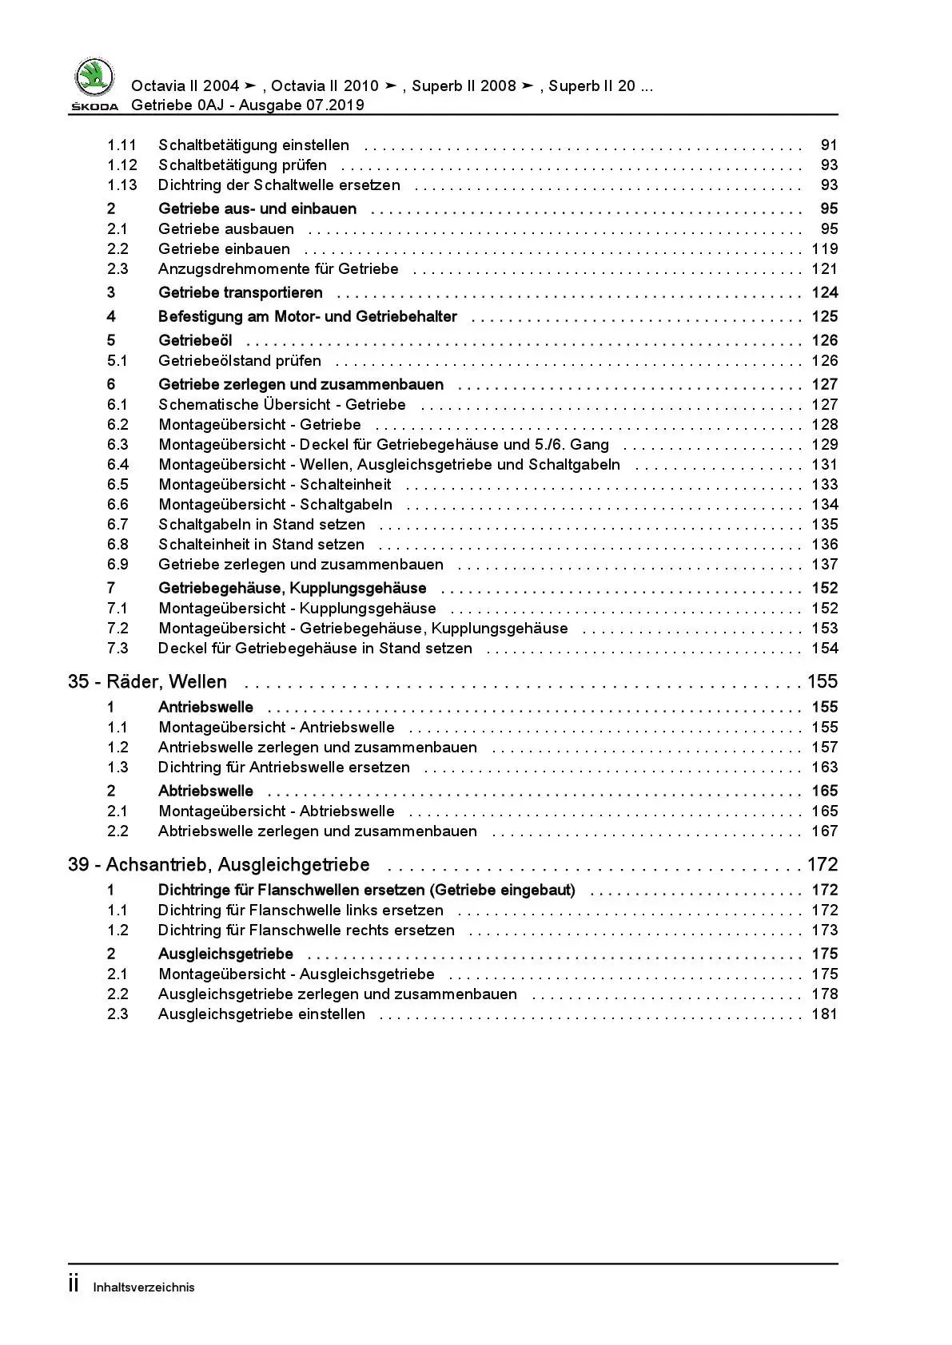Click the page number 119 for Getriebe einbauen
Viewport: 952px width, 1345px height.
[824, 249]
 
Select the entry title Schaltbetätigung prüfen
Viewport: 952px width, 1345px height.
[242, 165]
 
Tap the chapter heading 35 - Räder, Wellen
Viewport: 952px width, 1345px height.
[148, 682]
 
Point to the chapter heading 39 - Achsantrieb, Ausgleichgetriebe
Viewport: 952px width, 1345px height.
[219, 865]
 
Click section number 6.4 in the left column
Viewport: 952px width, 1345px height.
[118, 465]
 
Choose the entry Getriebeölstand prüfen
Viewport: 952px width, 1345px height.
[240, 361]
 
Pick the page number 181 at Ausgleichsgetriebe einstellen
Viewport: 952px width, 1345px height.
[824, 1014]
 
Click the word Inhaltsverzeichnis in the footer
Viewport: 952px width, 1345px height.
[144, 1287]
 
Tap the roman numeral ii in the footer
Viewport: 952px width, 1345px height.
[74, 1284]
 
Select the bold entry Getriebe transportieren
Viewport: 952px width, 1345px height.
[241, 293]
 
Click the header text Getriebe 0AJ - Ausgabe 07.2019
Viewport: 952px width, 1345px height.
[247, 105]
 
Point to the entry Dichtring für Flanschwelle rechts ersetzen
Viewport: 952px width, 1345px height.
[306, 930]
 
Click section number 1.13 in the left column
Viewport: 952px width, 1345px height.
[121, 185]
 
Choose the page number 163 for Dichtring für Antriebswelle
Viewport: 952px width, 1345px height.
[824, 768]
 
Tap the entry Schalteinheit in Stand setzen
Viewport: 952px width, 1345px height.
[261, 545]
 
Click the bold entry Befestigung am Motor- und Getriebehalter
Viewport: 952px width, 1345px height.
[308, 317]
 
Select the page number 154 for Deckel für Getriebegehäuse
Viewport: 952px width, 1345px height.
[824, 649]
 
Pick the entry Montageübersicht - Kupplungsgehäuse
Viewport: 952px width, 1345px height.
[297, 609]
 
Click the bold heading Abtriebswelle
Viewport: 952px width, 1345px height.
[205, 792]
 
